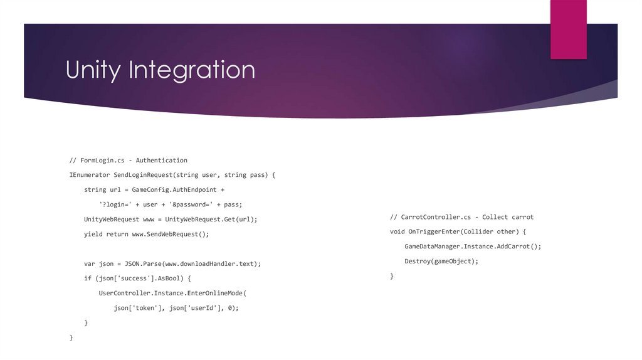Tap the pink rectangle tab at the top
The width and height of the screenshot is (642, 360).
click(568, 29)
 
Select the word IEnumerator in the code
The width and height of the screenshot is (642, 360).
click(90, 175)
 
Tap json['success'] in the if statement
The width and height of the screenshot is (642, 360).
click(124, 278)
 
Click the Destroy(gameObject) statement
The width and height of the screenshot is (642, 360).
click(441, 261)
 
